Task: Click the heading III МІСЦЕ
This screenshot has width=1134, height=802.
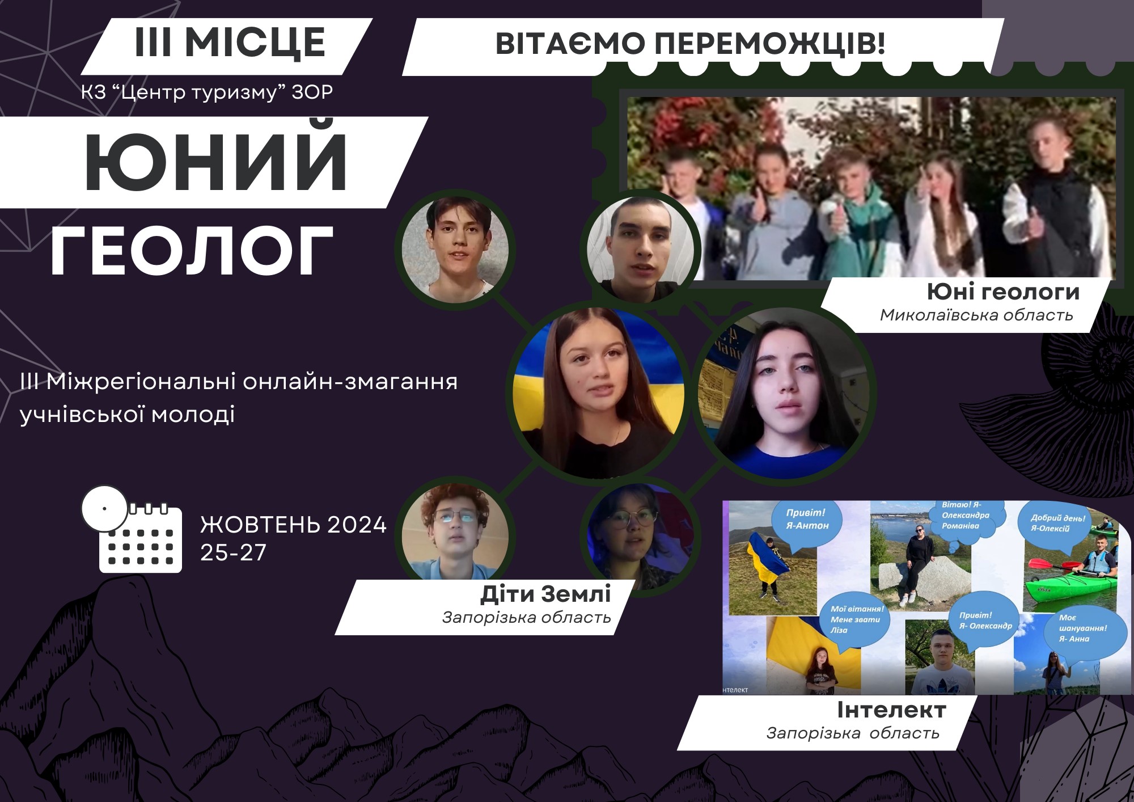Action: tap(230, 43)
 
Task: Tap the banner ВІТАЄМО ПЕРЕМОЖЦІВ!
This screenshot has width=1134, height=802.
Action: tap(691, 44)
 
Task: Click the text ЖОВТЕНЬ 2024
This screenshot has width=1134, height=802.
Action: tap(293, 525)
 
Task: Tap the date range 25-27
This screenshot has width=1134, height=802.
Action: tap(233, 552)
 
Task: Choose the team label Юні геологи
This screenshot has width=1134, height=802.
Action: tap(1003, 292)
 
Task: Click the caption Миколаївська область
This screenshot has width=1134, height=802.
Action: tap(976, 315)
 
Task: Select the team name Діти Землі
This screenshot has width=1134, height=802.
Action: tap(545, 594)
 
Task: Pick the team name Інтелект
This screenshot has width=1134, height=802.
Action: tap(891, 710)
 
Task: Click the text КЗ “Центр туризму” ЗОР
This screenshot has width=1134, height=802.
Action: tap(207, 92)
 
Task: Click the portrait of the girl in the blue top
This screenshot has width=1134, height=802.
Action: tap(784, 394)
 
